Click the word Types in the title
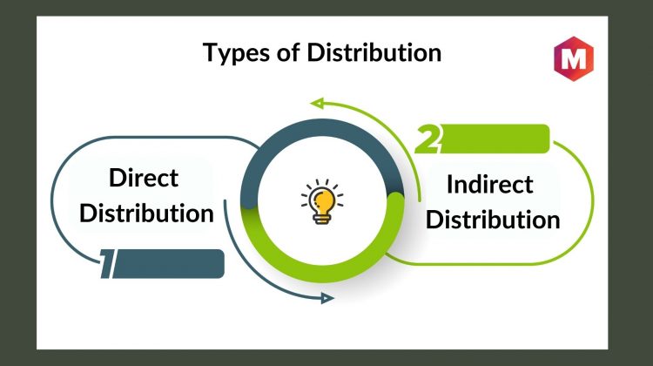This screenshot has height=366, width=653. coord(236,54)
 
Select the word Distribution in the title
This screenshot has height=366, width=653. coord(374,52)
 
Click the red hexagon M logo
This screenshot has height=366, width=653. coord(574,58)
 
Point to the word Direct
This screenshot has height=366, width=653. coord(144,178)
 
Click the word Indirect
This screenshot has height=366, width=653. coord(489,184)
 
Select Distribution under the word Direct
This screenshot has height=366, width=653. coord(146,213)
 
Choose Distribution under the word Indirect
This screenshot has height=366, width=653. coord(493,220)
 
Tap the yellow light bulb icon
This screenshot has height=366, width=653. coord(322,202)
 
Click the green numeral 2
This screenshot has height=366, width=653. coord(427,139)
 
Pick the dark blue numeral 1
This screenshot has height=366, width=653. coord(107,263)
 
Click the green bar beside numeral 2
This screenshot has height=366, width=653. coord(495,139)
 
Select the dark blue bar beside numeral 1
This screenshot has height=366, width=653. coord(168,263)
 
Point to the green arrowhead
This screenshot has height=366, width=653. coord(317,103)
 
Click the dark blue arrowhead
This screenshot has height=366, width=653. coord(327,298)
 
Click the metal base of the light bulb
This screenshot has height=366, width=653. coord(321,220)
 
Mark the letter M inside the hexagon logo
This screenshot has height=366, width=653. coord(574,58)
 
